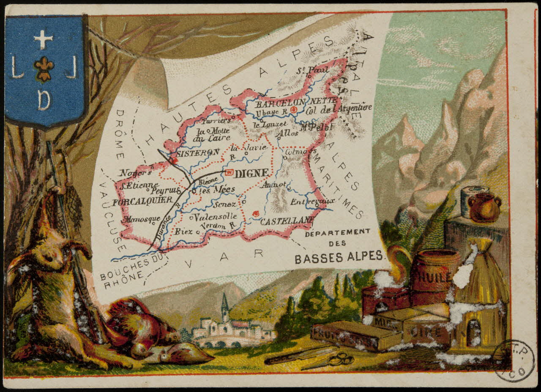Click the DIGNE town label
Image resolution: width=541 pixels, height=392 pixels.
tap(252, 173)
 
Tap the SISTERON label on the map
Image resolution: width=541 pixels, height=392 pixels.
tap(198, 152)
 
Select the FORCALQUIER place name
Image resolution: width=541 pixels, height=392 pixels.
tap(142, 201)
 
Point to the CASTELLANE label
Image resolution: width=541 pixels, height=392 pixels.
tap(287, 220)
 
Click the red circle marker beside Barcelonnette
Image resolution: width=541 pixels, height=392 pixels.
tap(295, 110)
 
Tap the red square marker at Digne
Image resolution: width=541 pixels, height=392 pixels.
tap(230, 172)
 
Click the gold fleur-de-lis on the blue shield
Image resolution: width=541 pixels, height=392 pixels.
tap(44, 69)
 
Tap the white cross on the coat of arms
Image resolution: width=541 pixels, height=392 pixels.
tap(43, 39)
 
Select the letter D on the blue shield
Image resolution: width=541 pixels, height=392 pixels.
tap(44, 100)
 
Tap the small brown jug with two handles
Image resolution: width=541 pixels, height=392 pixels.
tap(484, 207)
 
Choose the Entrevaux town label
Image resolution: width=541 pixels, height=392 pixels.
tap(312, 201)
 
